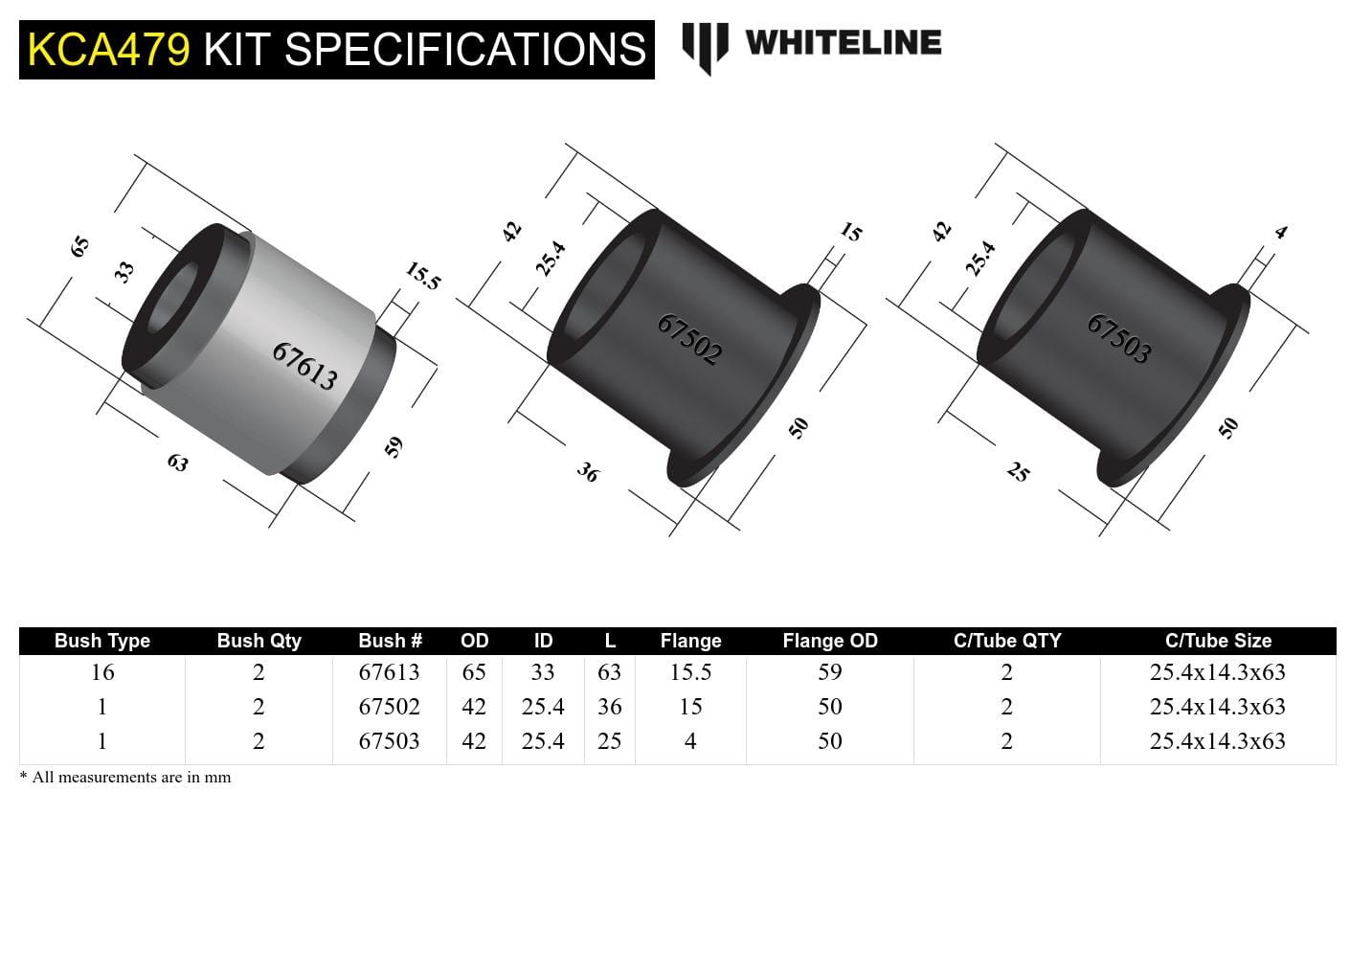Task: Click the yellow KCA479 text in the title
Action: coord(108,49)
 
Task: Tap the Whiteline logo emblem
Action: coord(705,46)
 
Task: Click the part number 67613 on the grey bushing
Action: coord(304,367)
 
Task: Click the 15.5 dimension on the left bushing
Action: coord(421,276)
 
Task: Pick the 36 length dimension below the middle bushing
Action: coord(587,472)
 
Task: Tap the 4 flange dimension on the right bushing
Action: coord(1281,232)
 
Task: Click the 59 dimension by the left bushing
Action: coord(394,447)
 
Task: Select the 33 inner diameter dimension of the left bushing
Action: coord(124,272)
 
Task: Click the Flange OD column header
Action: coord(829,641)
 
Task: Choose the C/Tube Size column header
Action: coord(1217,641)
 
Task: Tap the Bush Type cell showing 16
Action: coord(102,672)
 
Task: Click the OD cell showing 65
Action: coord(474,672)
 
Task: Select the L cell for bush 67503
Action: coord(609,741)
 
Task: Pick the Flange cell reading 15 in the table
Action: coord(689,707)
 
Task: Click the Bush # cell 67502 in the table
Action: coord(389,707)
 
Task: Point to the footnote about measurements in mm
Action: coord(125,777)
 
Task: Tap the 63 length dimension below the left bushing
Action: coord(177,463)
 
